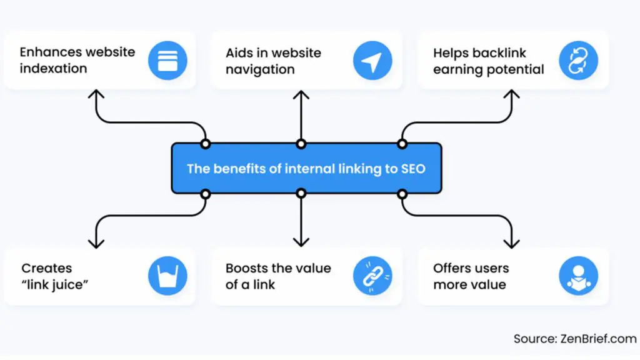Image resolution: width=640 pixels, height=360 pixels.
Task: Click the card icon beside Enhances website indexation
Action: tap(167, 60)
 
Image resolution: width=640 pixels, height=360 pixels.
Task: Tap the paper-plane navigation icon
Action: tap(372, 60)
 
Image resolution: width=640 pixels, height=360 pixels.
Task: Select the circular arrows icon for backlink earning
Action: tap(579, 60)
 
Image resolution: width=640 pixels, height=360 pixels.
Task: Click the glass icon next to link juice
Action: tap(167, 276)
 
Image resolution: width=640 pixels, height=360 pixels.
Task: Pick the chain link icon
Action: tap(372, 276)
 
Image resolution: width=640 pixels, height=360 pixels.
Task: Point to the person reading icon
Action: tap(579, 276)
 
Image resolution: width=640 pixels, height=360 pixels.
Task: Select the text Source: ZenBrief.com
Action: tap(573, 339)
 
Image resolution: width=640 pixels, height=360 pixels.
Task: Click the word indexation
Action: tap(53, 68)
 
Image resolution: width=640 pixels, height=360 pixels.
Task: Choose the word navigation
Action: tap(259, 69)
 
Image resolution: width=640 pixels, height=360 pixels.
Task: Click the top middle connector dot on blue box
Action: tap(301, 144)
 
